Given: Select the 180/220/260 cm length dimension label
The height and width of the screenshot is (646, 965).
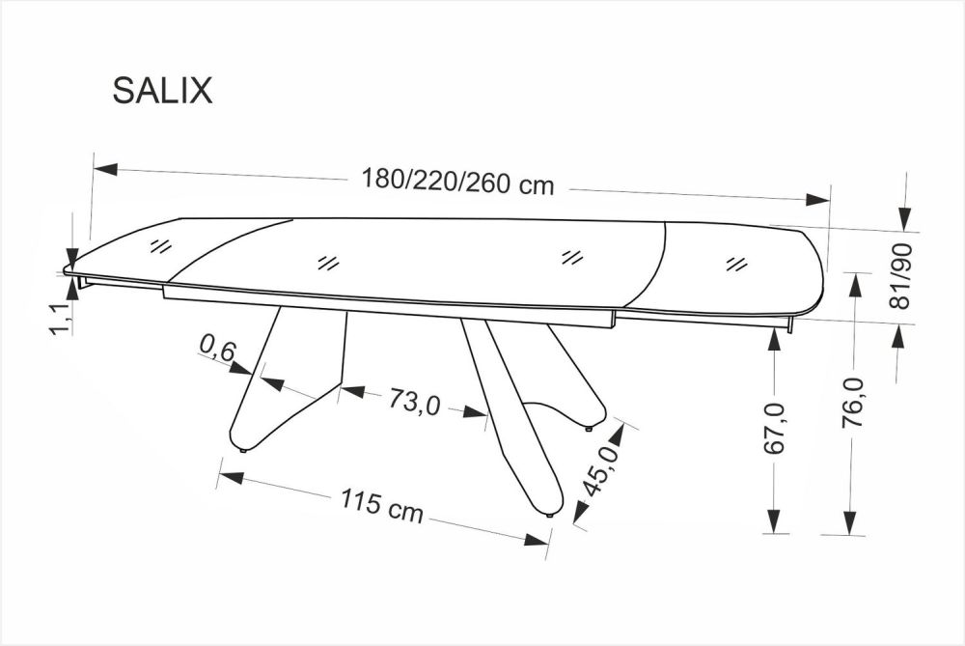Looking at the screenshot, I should click(457, 182).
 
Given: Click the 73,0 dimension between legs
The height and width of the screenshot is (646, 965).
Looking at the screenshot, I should click(415, 402).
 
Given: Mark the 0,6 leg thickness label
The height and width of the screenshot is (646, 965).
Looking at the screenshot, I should click(218, 349).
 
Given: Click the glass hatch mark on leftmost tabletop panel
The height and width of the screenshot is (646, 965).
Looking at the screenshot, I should click(161, 245).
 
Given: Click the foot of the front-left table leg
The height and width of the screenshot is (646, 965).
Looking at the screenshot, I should click(242, 448).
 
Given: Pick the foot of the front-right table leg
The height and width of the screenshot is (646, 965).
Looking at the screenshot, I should click(548, 515).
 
